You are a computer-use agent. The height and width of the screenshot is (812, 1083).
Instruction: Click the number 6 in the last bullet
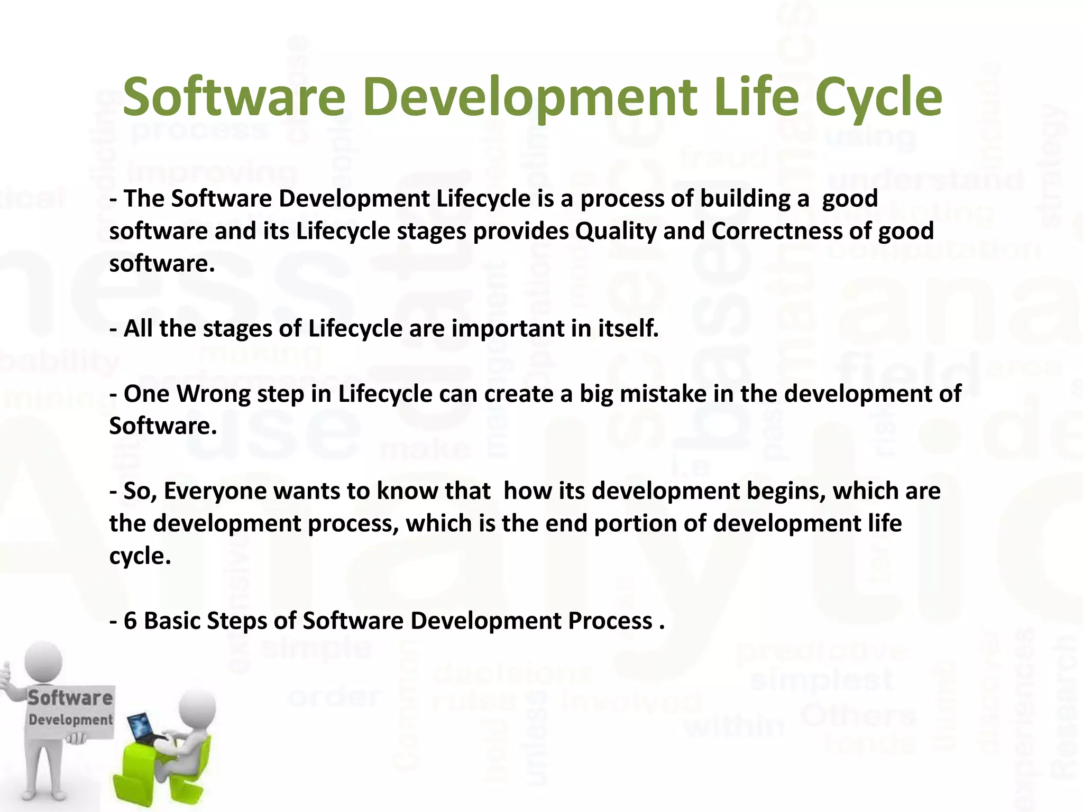(131, 621)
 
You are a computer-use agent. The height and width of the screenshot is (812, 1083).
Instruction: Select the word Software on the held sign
(70, 698)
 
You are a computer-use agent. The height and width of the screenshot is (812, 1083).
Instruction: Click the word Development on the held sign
(70, 720)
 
